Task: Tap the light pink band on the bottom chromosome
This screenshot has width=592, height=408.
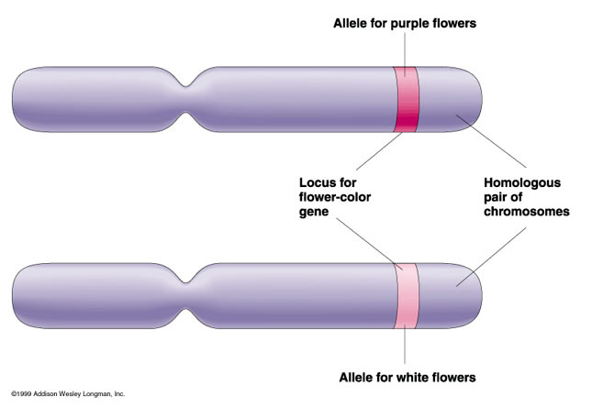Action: point(405,295)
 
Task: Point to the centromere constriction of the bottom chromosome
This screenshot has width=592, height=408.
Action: point(189,295)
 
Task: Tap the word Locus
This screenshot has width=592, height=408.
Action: point(319,182)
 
